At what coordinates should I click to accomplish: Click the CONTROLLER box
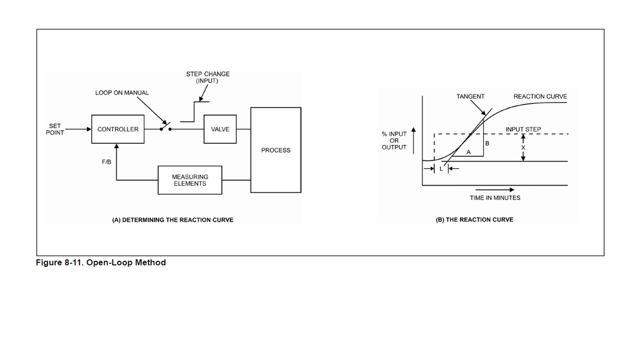click(117, 129)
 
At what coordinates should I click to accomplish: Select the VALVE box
click(220, 129)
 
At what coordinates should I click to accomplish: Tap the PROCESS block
click(276, 150)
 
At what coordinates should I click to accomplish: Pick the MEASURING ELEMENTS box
click(190, 180)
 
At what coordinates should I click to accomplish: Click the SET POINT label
click(55, 129)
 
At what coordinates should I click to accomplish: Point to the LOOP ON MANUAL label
click(122, 93)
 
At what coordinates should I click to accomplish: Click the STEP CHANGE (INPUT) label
click(207, 77)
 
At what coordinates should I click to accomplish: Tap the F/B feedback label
click(106, 162)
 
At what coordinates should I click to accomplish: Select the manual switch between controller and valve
click(165, 127)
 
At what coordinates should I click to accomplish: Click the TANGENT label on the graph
click(470, 97)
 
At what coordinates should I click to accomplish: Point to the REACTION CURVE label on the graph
click(540, 97)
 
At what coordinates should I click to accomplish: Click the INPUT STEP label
click(523, 129)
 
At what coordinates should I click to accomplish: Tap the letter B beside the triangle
click(487, 144)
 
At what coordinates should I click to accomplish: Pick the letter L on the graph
click(441, 169)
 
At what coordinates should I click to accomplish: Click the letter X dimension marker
click(524, 148)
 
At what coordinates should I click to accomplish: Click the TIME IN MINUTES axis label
click(495, 198)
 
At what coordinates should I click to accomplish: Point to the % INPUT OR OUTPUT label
click(394, 141)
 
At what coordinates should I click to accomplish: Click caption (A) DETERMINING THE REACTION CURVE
click(172, 220)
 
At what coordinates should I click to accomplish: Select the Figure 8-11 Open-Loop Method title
click(101, 262)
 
